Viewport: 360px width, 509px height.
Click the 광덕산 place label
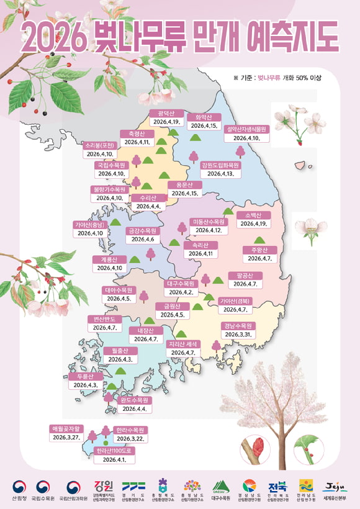(166, 112)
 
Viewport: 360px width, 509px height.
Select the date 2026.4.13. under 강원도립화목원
(220, 174)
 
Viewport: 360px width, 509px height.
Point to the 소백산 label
(253, 214)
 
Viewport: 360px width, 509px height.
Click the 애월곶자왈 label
(66, 428)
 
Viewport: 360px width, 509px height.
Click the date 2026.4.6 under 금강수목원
(143, 240)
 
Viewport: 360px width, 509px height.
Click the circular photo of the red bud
(257, 449)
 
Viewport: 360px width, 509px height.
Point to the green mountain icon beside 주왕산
(259, 240)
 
